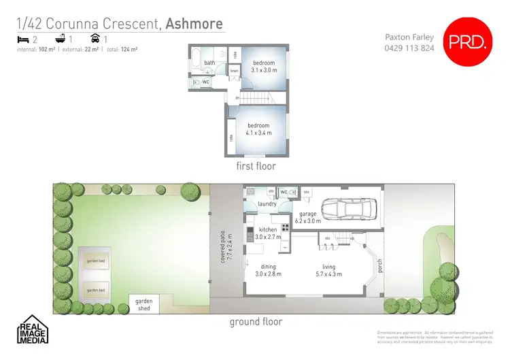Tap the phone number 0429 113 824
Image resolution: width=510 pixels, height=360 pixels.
tap(409, 48)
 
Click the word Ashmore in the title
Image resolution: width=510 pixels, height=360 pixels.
tap(194, 24)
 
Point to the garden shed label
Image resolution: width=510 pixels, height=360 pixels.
tap(144, 304)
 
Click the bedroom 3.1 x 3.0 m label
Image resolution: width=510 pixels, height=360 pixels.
tap(264, 67)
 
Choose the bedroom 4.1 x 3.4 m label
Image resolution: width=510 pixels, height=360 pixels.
tap(259, 129)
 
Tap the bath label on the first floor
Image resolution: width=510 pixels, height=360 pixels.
tap(209, 63)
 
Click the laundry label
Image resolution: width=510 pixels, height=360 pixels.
tap(267, 203)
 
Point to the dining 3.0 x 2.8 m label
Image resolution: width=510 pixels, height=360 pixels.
tap(268, 271)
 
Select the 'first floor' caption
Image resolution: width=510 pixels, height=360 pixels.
tap(255, 166)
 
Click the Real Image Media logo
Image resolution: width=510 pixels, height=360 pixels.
tap(32, 330)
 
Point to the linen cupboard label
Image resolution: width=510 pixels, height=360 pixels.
tap(234, 71)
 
